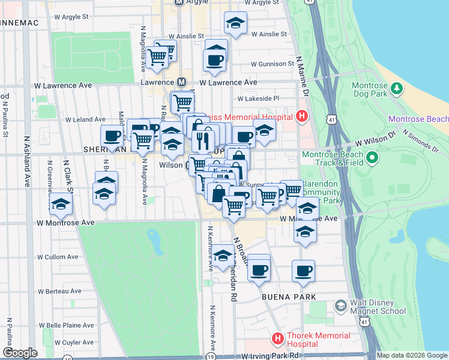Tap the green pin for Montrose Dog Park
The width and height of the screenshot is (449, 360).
click(396, 89)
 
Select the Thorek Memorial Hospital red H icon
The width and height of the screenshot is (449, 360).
click(277, 339)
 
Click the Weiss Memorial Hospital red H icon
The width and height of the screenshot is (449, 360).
click(302, 116)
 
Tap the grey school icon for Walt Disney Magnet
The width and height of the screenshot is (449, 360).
click(340, 307)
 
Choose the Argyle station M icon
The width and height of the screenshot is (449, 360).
click(178, 2)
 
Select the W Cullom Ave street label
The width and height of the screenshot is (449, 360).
click(58, 257)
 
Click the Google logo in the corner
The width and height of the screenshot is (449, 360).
click(20, 353)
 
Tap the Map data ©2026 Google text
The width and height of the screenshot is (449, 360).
click(412, 355)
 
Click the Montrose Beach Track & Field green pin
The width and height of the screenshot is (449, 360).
click(372, 158)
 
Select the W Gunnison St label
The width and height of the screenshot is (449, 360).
click(273, 64)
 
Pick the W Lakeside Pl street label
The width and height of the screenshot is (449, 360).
click(259, 98)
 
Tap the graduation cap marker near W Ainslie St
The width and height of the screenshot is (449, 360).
click(235, 24)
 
